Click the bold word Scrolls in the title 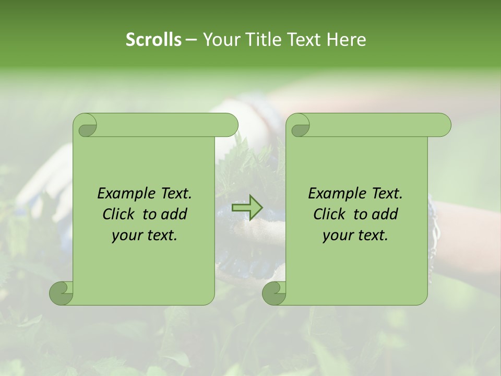pos(153,39)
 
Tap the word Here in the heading pos(346,39)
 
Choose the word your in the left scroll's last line pos(125,236)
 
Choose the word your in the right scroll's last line pos(336,236)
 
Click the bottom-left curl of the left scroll pos(61,292)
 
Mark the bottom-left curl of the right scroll pos(273,292)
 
